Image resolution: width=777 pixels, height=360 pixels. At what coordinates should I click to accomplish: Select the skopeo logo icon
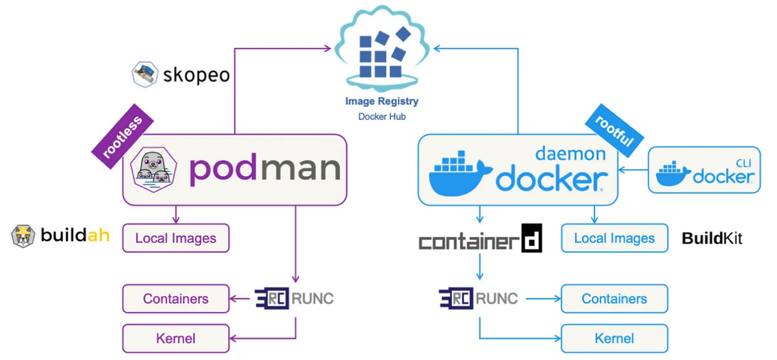point(146,74)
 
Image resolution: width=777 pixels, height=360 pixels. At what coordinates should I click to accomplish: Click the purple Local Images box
point(175,238)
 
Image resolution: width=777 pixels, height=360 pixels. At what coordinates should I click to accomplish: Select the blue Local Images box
point(614,238)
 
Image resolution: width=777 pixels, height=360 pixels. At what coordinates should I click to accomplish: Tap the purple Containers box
point(175,298)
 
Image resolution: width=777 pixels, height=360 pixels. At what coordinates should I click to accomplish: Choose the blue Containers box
point(614,298)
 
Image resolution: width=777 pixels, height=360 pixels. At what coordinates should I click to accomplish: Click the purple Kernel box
point(175,338)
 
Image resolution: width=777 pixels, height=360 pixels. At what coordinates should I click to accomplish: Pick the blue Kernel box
point(614,338)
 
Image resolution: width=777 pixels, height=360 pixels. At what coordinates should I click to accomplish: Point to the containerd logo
point(480,239)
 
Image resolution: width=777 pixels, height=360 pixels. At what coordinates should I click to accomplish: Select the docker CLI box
point(704,170)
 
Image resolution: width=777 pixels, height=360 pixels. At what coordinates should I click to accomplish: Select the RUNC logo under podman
point(294,298)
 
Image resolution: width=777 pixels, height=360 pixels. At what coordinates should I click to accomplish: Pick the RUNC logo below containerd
point(479,298)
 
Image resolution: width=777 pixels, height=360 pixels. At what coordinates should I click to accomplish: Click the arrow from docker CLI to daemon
point(633,170)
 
